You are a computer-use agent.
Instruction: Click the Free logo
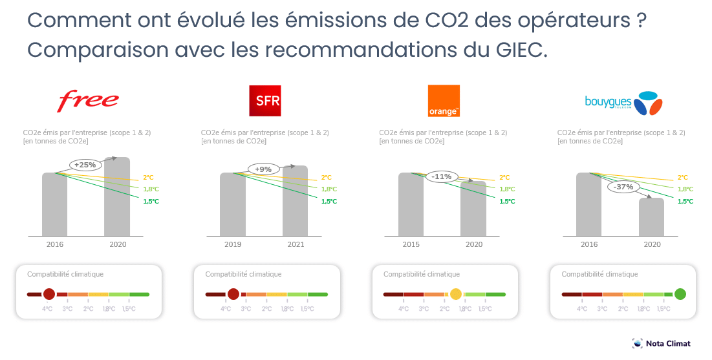pyautogui.click(x=89, y=100)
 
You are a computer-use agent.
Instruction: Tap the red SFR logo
pyautogui.click(x=265, y=101)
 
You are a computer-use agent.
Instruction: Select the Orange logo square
pyautogui.click(x=444, y=101)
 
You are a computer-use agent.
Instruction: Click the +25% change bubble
pyautogui.click(x=85, y=165)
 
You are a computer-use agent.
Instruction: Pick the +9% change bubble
pyautogui.click(x=263, y=169)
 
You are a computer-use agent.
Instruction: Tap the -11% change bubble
pyautogui.click(x=442, y=176)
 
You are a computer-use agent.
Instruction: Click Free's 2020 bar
pyautogui.click(x=117, y=196)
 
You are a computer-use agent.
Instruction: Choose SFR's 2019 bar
pyautogui.click(x=233, y=204)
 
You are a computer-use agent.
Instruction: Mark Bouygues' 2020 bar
pyautogui.click(x=652, y=217)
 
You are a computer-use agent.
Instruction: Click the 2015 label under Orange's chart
pyautogui.click(x=411, y=244)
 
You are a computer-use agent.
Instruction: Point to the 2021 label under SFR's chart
pyautogui.click(x=296, y=244)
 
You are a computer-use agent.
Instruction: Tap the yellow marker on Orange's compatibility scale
pyautogui.click(x=456, y=294)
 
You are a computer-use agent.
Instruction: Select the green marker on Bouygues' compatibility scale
pyautogui.click(x=680, y=294)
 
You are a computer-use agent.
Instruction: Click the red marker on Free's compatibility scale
pyautogui.click(x=49, y=294)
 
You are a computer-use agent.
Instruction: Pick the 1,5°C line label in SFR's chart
pyautogui.click(x=329, y=202)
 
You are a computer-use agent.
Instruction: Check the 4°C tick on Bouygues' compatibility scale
pyautogui.click(x=581, y=309)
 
